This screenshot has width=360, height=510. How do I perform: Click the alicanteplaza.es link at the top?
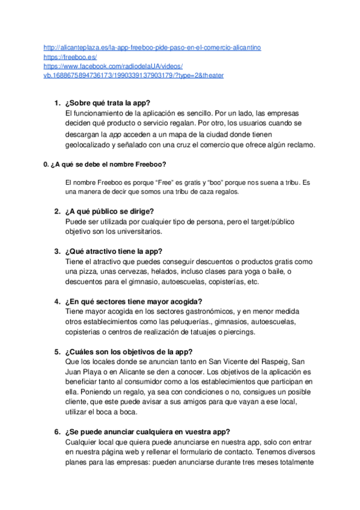(x=152, y=47)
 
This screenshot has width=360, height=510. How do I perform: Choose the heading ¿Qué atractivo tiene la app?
(x=114, y=251)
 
